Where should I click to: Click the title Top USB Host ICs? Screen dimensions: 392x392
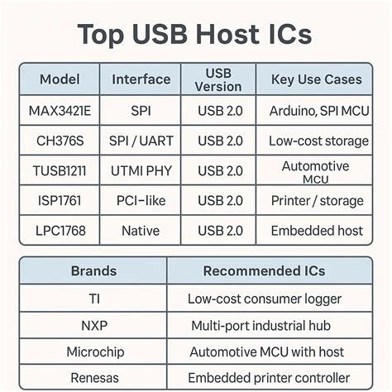pyautogui.click(x=195, y=35)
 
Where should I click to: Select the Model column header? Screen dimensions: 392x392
pyautogui.click(x=60, y=79)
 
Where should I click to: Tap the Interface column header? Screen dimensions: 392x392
pyautogui.click(x=140, y=79)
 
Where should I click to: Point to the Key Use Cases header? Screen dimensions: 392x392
pyautogui.click(x=315, y=79)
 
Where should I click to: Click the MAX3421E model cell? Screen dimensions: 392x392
pyautogui.click(x=60, y=110)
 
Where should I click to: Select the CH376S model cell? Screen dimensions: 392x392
pyautogui.click(x=60, y=141)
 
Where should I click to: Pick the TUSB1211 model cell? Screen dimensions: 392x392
pyautogui.click(x=60, y=170)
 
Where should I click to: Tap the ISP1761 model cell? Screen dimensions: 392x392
pyautogui.click(x=60, y=200)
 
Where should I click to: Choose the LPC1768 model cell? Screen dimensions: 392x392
pyautogui.click(x=60, y=230)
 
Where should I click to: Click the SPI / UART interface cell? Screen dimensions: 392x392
pyautogui.click(x=140, y=141)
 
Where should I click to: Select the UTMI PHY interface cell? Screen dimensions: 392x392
pyautogui.click(x=140, y=170)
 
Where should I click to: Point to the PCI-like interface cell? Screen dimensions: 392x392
pyautogui.click(x=140, y=200)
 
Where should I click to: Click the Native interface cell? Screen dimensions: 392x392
pyautogui.click(x=140, y=230)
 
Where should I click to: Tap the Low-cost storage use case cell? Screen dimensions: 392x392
pyautogui.click(x=318, y=141)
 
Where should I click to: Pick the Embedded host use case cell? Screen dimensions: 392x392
pyautogui.click(x=317, y=230)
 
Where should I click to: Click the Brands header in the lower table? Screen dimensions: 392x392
pyautogui.click(x=93, y=270)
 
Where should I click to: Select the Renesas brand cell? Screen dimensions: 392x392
pyautogui.click(x=93, y=378)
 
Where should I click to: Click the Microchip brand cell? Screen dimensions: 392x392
pyautogui.click(x=93, y=351)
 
